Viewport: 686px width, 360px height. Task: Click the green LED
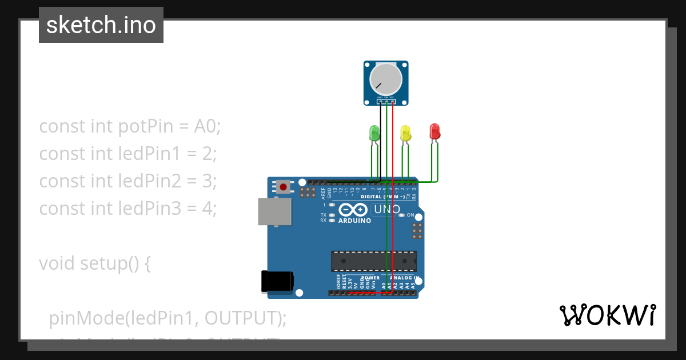374,133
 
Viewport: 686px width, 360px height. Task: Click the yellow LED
405,133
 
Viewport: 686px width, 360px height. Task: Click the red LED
434,131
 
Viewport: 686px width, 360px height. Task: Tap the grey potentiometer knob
386,79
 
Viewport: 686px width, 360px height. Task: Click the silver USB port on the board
273,211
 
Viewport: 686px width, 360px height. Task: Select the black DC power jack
277,281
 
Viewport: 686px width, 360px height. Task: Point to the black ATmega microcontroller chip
374,261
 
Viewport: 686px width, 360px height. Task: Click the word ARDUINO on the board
354,221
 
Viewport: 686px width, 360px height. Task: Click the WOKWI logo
607,315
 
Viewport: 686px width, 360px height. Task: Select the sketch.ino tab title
101,25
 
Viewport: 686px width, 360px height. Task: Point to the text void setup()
94,263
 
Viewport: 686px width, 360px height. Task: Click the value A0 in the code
207,126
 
